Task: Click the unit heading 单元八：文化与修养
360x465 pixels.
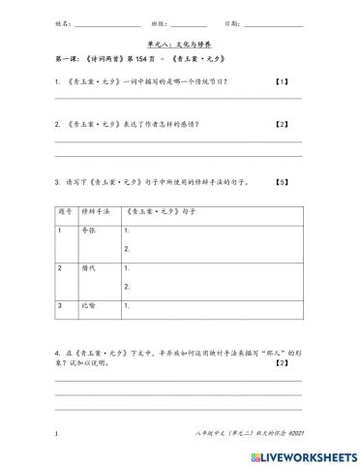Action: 180,45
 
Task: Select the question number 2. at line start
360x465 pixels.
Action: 59,124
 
